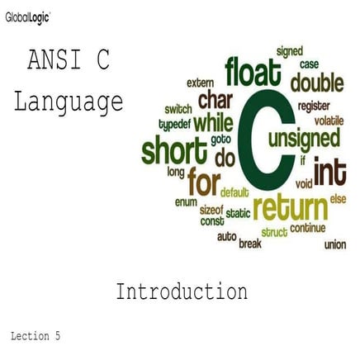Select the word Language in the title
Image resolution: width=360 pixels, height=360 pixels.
[x=69, y=102]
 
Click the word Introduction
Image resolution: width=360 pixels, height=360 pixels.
[x=181, y=291]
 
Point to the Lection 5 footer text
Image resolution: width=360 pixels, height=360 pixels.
[x=36, y=336]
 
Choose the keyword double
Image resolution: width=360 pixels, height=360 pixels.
[x=317, y=83]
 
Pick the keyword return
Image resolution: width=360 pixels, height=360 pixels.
[x=289, y=206]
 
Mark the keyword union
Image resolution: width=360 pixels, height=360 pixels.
[x=335, y=244]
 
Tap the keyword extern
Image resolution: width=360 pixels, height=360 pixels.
[x=199, y=83]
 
